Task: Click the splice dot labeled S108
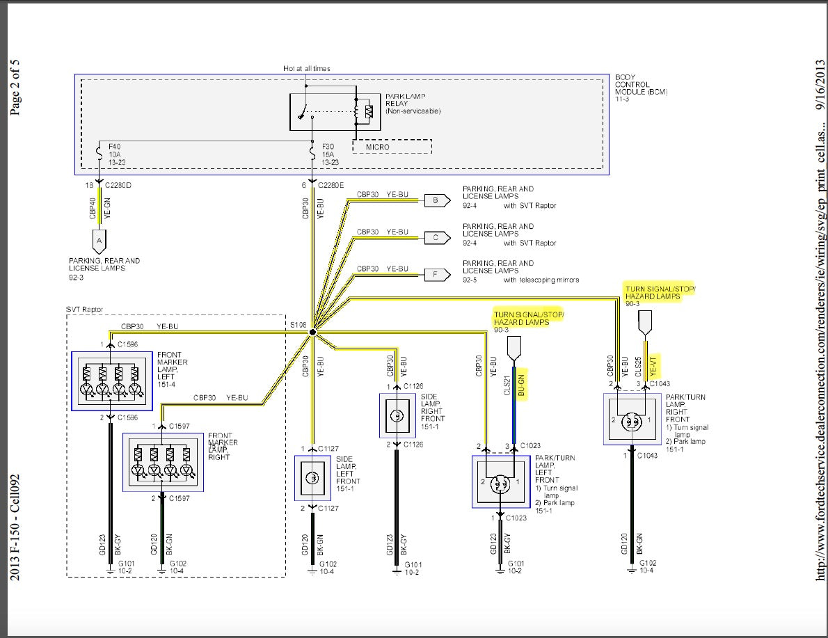pos(312,333)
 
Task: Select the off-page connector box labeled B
pos(436,200)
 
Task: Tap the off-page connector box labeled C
pos(436,237)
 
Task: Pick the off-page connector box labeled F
pos(436,274)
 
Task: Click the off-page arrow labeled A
pos(99,241)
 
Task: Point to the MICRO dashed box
pos(392,147)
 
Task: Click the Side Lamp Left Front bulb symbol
pos(313,478)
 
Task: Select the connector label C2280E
pos(333,186)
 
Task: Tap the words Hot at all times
pos(307,68)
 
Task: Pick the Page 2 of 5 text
pos(15,87)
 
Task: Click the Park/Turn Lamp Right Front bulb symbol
pos(632,420)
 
